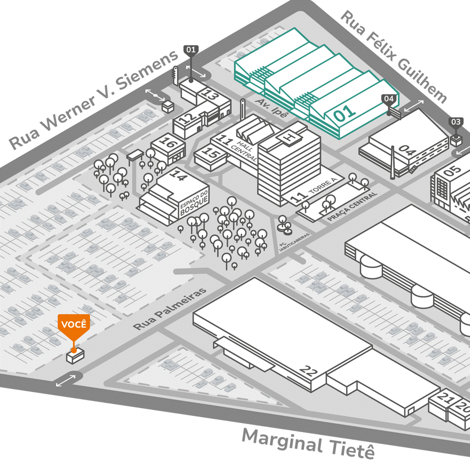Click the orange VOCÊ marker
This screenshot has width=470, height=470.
74,325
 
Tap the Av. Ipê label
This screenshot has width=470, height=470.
272,108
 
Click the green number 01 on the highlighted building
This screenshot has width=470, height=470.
345,113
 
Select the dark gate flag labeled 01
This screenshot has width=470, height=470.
191,50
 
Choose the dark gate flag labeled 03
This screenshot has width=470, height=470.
456,122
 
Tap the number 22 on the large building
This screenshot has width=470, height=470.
309,371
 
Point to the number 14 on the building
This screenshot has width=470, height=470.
178,175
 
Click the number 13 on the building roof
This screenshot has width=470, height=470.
211,94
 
